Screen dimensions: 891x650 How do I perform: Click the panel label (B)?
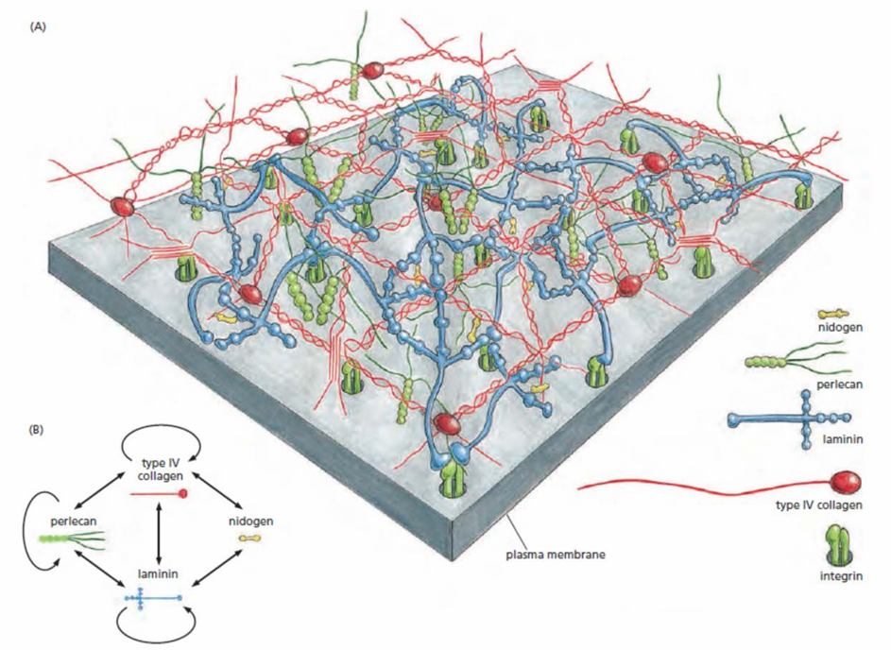pos(36,430)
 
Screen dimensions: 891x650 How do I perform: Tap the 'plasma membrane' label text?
pos(556,554)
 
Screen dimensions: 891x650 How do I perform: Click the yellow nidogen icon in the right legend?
pos(832,313)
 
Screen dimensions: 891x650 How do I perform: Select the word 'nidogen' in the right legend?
pos(840,328)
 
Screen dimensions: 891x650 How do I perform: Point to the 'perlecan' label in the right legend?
pos(839,385)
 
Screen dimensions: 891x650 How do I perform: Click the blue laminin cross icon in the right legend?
pos(790,420)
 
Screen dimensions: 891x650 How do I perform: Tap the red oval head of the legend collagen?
pos(846,483)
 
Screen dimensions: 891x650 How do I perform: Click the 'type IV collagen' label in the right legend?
pos(819,505)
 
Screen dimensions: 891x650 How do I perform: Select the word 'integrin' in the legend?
pos(842,576)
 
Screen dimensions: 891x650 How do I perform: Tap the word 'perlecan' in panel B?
pos(74,521)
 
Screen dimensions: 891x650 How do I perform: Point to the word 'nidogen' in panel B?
pos(250,521)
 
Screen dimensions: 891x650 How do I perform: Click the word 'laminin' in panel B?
pos(158,573)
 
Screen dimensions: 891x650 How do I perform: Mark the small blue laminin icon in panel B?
pos(153,598)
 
